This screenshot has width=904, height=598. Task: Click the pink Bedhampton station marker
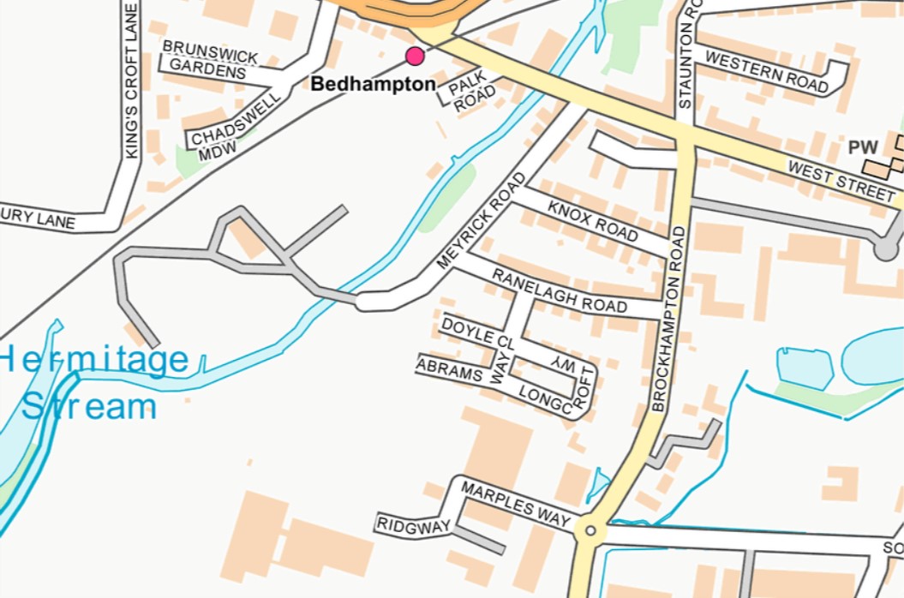pos(415,57)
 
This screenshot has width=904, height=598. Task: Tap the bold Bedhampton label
pos(373,85)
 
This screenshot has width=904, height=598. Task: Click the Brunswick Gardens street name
pos(210,58)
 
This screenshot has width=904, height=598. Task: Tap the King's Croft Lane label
pos(131,81)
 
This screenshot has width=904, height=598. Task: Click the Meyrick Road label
pos(481,221)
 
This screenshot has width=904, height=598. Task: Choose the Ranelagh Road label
pos(559,290)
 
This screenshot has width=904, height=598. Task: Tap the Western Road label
pos(767,72)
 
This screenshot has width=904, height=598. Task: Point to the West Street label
pos(841,182)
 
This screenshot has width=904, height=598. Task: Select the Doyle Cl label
pos(477,332)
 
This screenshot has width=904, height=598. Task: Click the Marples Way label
pos(515,504)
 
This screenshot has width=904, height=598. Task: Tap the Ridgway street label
pos(413,526)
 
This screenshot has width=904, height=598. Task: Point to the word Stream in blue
pos(89,406)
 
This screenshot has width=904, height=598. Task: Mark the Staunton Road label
pos(685,54)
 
